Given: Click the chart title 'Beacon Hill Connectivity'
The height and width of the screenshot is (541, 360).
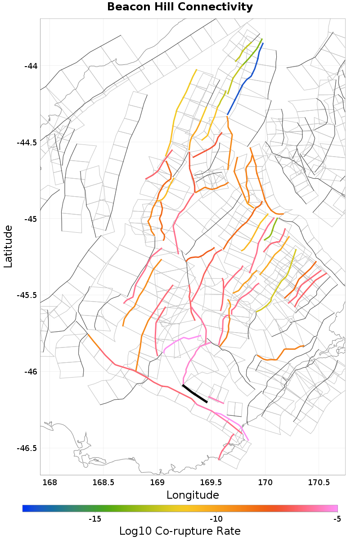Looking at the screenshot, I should click(180, 7).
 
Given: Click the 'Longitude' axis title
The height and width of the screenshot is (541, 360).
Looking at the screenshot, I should click(193, 495).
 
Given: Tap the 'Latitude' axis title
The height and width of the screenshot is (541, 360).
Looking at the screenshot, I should click(8, 247).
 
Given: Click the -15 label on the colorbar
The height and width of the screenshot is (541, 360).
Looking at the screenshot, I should click(94, 519).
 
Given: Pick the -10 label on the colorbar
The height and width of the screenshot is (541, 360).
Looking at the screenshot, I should click(216, 519).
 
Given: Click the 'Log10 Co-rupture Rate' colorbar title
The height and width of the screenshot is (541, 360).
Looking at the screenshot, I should click(180, 531).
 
